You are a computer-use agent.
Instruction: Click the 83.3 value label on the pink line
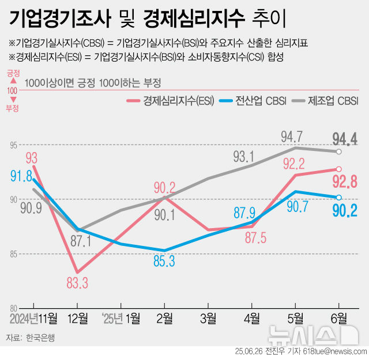click(77, 282)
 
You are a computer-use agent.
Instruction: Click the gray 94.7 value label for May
click(292, 137)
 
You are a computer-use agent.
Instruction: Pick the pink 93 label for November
click(32, 157)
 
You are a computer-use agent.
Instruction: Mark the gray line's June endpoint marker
click(339, 151)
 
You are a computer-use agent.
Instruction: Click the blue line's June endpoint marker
click(339, 197)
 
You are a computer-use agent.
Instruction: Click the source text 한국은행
click(40, 338)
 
